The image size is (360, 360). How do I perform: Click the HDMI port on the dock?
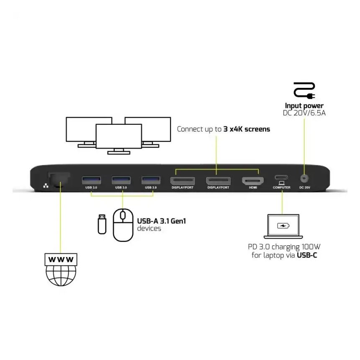tap(252, 181)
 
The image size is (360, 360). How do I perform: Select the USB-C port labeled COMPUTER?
tap(281, 177)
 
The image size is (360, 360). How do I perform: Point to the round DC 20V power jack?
tap(304, 178)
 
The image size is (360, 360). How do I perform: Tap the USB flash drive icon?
tap(102, 224)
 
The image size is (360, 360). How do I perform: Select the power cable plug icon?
tap(304, 90)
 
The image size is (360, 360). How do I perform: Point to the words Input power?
tap(304, 106)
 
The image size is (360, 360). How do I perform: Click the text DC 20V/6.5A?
tap(304, 113)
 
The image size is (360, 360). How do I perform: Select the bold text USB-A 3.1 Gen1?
tap(161, 221)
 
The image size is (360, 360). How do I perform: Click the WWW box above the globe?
tap(61, 260)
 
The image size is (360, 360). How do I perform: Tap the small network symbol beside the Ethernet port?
tap(46, 185)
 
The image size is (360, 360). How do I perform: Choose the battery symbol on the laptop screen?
tap(283, 226)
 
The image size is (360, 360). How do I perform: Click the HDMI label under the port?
tap(252, 188)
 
